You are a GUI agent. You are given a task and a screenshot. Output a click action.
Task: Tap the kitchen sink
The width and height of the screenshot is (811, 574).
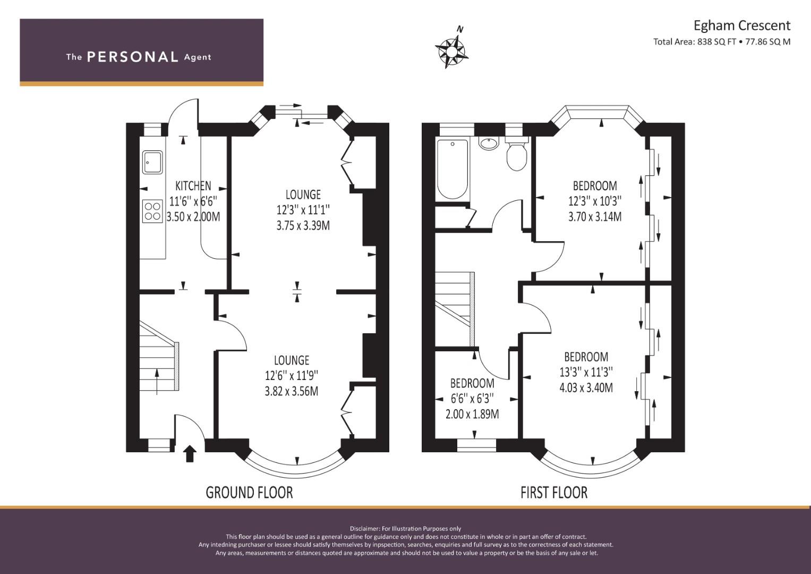pos(152,162)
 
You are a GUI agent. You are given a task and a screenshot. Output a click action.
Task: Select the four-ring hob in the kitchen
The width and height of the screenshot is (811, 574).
pos(152,212)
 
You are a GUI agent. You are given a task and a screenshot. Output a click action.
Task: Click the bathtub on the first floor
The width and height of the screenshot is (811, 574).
pos(453,169)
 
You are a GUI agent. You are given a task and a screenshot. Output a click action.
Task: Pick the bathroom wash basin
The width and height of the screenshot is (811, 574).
pos(489,142)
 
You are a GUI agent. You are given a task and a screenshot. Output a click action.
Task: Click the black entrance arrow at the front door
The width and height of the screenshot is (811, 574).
pos(190,454)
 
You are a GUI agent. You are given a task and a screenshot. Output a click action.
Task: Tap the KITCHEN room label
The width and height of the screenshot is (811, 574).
pos(193,186)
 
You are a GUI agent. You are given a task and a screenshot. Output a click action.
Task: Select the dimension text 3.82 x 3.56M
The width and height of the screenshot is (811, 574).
pos(292,391)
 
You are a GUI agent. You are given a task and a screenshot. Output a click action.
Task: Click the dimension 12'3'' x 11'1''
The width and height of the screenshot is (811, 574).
pos(303,210)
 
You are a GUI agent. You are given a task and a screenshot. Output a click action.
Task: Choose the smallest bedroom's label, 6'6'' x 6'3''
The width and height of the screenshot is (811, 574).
pos(472,399)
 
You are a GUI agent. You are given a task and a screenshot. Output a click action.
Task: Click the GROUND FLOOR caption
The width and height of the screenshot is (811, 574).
pos(249,493)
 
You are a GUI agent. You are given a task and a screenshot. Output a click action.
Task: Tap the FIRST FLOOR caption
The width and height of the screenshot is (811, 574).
pos(554,493)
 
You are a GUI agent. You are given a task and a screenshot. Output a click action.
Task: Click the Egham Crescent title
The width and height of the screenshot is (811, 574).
pos(742,26)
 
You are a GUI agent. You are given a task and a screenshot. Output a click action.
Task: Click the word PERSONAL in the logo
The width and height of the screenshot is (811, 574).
pos(133,57)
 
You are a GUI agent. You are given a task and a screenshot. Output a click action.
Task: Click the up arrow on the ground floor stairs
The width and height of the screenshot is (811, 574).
pos(157,382)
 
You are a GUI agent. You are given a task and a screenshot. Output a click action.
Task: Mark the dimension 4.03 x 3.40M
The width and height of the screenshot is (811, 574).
pos(586,388)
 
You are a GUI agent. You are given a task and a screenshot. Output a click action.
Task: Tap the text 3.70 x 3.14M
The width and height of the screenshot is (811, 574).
pos(595,217)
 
